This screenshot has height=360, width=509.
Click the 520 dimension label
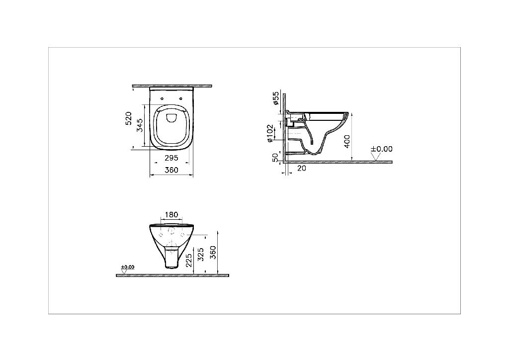click(x=129, y=118)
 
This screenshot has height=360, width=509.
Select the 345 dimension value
click(x=140, y=125)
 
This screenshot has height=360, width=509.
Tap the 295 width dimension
click(x=171, y=158)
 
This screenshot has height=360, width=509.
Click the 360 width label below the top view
click(x=171, y=170)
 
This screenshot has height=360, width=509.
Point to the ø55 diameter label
click(x=275, y=98)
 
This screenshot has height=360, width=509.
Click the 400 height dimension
click(x=346, y=142)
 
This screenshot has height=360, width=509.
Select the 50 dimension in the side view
click(x=275, y=158)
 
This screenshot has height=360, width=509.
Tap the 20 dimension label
click(x=302, y=168)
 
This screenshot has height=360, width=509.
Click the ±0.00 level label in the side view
click(x=382, y=149)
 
